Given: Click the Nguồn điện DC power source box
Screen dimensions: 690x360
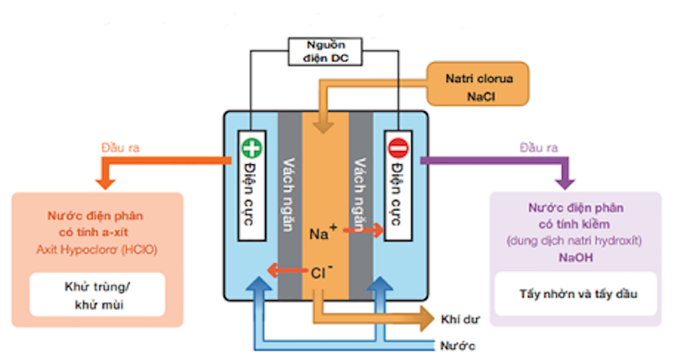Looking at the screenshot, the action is tap(325, 52).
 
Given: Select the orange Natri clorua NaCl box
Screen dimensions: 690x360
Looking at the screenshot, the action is tap(478, 83).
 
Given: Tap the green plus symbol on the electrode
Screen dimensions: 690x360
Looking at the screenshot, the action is tap(252, 148).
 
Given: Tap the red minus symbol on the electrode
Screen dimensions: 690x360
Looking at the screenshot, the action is tap(398, 148).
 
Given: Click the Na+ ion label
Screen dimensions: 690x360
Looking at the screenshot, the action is tap(323, 233).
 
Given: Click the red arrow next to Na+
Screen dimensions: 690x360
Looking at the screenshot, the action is tap(364, 230).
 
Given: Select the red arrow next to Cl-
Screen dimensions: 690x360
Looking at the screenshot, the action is tap(287, 270).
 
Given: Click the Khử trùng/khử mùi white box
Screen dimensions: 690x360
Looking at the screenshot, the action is tap(97, 294).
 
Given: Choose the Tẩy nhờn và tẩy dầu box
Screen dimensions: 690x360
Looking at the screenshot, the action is tap(575, 294).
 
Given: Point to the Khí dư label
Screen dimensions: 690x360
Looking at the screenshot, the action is tap(460, 319).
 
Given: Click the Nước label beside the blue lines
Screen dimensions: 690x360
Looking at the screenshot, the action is tap(457, 346).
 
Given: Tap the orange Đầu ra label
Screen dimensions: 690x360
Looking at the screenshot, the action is tap(120, 148).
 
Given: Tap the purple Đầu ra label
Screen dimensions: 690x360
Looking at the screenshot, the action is tap(539, 148).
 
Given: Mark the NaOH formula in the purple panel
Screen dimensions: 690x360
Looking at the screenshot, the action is tap(575, 257).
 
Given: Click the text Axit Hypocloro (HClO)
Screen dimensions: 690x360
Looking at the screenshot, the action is tap(97, 250).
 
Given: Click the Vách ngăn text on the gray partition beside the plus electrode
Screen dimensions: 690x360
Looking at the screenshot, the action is tap(288, 194).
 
